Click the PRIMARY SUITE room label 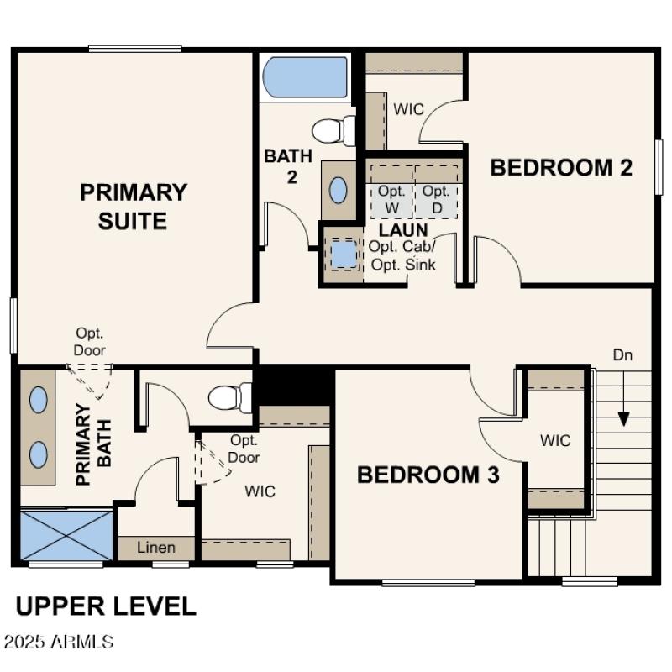[134, 206]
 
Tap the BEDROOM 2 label [561, 167]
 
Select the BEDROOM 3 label [428, 475]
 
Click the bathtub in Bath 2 [306, 78]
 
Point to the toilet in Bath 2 [333, 131]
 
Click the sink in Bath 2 [338, 191]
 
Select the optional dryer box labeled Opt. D [436, 198]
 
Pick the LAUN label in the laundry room [403, 229]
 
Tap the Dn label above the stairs [622, 355]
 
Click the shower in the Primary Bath [66, 534]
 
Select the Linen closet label [156, 548]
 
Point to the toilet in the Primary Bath [229, 396]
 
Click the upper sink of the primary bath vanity [39, 400]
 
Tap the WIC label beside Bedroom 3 [555, 440]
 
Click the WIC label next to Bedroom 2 [408, 110]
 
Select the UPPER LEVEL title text [106, 606]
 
